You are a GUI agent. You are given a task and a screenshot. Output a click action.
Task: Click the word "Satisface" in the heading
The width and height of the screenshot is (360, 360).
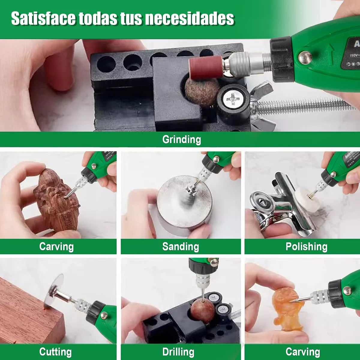click(x=43, y=19)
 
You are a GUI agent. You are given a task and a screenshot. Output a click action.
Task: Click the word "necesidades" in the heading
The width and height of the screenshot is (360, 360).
click(x=189, y=19)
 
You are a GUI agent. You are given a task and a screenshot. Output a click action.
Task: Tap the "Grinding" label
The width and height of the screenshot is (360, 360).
click(x=181, y=139)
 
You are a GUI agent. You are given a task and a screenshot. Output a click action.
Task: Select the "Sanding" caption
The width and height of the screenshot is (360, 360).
click(x=180, y=247)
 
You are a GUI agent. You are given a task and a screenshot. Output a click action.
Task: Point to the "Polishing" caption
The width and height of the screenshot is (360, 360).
click(x=306, y=247)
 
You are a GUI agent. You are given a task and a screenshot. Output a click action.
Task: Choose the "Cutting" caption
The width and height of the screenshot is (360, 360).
click(x=55, y=352)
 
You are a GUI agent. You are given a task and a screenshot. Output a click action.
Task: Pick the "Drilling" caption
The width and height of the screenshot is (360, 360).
click(x=178, y=352)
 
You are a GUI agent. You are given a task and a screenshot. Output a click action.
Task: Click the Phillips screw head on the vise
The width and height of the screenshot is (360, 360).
click(x=233, y=98)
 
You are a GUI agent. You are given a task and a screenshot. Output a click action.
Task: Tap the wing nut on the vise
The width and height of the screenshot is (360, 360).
click(x=262, y=105)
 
